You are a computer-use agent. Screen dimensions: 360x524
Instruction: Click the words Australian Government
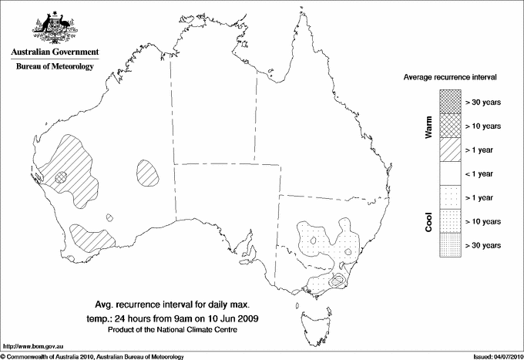(55, 52)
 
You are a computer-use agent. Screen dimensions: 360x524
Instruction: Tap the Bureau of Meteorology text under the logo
(55, 66)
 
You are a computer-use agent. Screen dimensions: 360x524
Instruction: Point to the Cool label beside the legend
(429, 222)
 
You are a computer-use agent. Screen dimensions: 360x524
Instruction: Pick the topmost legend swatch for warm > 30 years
(450, 102)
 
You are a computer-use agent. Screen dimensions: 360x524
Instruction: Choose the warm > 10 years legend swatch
(450, 126)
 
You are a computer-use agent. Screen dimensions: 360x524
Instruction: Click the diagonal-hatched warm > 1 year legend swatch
(450, 150)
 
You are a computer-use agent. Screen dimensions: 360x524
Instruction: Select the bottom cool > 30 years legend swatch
(450, 245)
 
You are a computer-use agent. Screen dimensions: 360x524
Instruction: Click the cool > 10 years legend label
(483, 222)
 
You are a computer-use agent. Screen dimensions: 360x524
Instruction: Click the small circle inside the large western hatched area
(62, 177)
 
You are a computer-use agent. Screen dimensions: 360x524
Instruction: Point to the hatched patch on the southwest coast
(89, 236)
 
